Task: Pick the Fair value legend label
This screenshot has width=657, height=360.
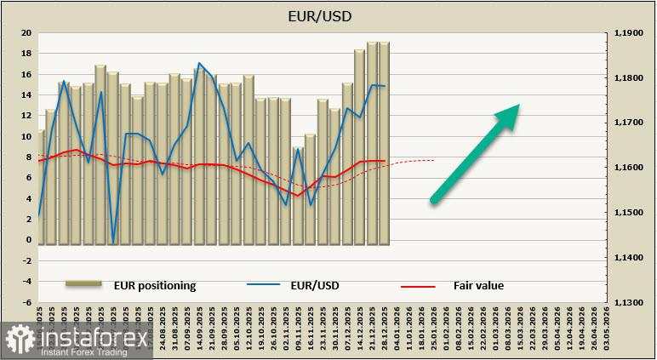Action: coord(477,286)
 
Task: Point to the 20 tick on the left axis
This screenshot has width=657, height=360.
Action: coord(26,33)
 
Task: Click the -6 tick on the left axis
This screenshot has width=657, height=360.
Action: coord(26,302)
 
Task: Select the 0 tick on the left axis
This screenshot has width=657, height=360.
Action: coord(28,240)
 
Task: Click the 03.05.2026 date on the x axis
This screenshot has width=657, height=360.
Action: coord(606,326)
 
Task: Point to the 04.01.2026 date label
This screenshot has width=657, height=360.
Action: coord(397,326)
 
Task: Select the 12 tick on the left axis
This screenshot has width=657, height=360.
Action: coord(26,116)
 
